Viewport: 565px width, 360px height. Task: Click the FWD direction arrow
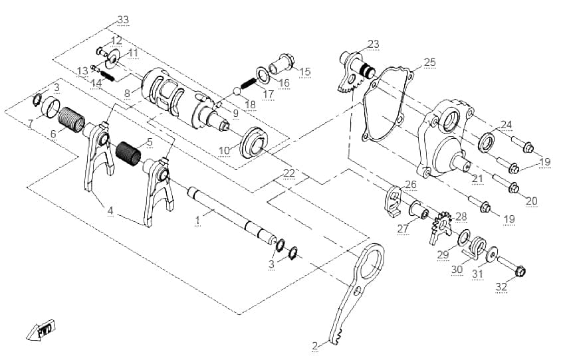tap(41, 329)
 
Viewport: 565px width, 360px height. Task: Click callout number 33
tap(123, 19)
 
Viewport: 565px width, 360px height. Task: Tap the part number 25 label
tap(430, 62)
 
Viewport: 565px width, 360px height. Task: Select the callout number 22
tap(289, 173)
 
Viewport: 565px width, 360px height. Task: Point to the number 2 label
tap(315, 346)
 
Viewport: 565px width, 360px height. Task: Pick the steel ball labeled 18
tap(237, 92)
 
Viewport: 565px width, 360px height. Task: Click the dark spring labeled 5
tap(128, 153)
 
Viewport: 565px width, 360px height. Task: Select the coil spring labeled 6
tap(71, 120)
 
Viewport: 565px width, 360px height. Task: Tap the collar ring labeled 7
tap(51, 107)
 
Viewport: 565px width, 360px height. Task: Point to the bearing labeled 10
tap(255, 142)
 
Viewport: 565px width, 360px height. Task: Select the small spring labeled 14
tap(106, 76)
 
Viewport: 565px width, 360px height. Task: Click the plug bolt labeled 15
tap(282, 63)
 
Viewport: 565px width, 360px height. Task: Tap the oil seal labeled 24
tap(487, 142)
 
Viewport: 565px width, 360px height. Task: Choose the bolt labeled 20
tap(506, 183)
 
